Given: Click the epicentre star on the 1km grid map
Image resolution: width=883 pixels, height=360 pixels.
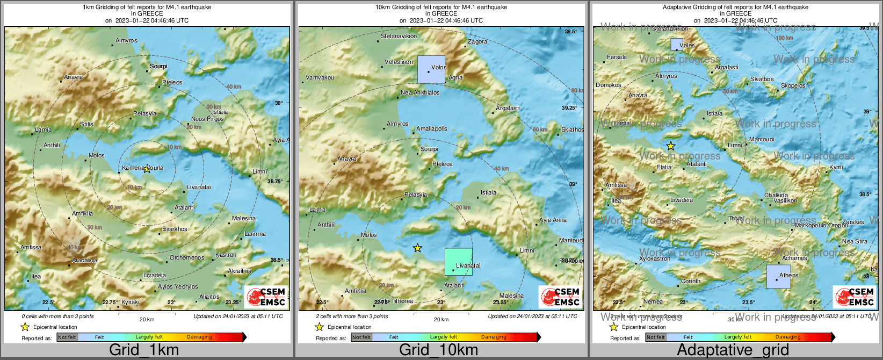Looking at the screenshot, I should click(x=146, y=169).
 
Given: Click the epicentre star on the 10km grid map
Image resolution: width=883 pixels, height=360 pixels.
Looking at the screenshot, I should click(x=417, y=248).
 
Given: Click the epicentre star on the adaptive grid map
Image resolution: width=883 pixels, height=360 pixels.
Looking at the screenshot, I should click(x=670, y=146).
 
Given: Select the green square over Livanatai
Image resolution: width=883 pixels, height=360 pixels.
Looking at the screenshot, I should click(x=458, y=262).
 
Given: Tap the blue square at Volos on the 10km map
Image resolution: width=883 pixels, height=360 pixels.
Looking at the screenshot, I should click(x=431, y=69).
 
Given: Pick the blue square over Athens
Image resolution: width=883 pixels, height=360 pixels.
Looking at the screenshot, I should click(x=778, y=276).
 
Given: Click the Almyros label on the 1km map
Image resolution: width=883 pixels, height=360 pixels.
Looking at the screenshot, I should click(x=126, y=41).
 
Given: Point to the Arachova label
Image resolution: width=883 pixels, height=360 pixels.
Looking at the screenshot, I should click(x=84, y=261).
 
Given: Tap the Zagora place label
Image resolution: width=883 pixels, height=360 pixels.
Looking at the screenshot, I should click(x=477, y=41).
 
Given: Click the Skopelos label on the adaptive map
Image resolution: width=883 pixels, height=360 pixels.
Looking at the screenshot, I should click(x=793, y=86).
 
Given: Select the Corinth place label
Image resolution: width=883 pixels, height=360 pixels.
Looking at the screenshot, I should click(x=690, y=281).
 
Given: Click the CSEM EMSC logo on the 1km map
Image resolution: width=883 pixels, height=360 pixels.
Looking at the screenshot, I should click(x=266, y=297).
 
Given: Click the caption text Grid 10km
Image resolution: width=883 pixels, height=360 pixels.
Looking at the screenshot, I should click(x=438, y=350).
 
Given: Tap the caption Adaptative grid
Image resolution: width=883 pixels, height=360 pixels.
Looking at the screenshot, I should click(x=733, y=350).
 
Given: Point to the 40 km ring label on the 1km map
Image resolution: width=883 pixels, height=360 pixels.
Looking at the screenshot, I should click(x=233, y=87).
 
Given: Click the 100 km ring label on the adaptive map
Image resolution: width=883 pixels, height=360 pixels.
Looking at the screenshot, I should click(x=784, y=38).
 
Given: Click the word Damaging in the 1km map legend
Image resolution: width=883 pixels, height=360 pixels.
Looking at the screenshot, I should click(x=199, y=337).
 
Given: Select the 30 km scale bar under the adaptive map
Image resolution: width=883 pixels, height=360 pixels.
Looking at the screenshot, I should click(x=735, y=316).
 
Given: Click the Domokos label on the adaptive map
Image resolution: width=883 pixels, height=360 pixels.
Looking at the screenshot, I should click(x=608, y=85).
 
